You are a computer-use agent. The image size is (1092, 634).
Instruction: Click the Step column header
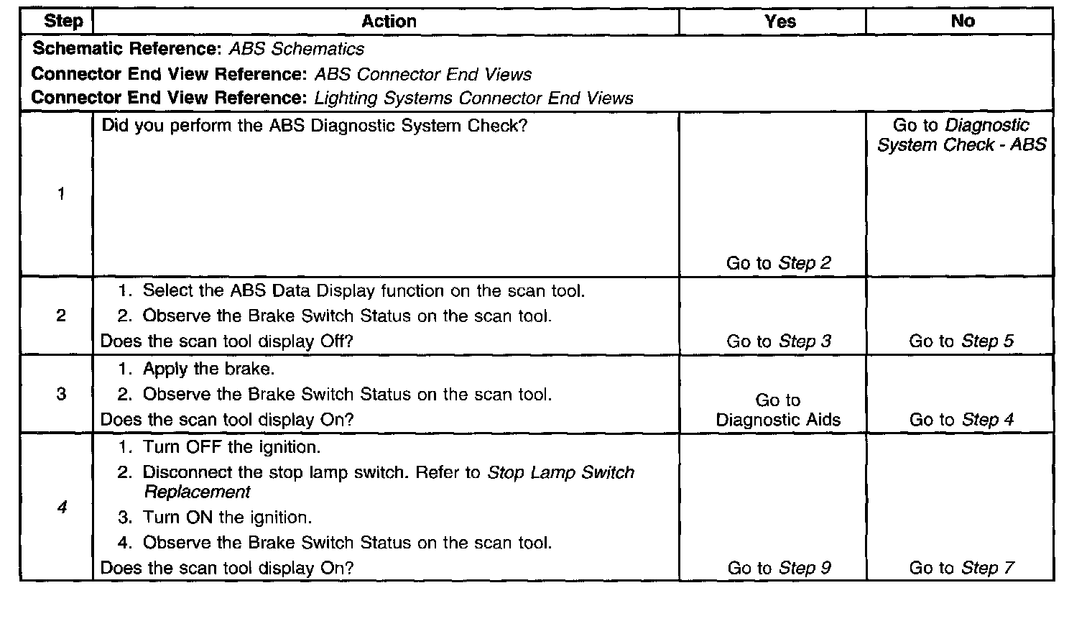pos(63,21)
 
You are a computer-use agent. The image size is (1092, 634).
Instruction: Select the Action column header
pos(389,22)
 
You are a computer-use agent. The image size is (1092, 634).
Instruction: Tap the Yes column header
pos(780,22)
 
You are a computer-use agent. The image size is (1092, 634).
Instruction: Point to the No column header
pos(962,22)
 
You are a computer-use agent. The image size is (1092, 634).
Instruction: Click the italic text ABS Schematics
pos(296,49)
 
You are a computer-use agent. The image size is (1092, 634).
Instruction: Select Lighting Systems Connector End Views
pos(474,98)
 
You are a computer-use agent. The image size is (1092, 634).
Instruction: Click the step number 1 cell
pos(61,193)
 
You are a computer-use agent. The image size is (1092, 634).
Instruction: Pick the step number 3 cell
pos(61,394)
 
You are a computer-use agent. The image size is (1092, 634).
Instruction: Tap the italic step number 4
pos(62,507)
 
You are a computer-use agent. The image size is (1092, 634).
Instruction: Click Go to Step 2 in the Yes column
pos(778,263)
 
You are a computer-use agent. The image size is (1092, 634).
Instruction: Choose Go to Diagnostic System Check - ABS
pos(961,135)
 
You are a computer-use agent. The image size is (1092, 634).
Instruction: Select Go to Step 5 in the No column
pos(961,341)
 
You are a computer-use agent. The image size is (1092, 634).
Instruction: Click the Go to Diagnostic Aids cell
pos(778,410)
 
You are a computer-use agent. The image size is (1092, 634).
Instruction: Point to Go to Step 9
pos(779,568)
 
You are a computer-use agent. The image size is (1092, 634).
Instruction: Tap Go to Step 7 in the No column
pos(961,568)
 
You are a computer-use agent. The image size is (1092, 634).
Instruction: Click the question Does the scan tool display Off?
pos(226,341)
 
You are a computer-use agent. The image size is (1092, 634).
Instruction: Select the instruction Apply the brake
pos(208,369)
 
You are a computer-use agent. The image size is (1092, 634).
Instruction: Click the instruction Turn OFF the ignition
pos(231,447)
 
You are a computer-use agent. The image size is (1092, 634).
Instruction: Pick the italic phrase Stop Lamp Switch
pos(560,472)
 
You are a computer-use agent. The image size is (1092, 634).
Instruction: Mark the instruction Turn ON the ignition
pos(227,518)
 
